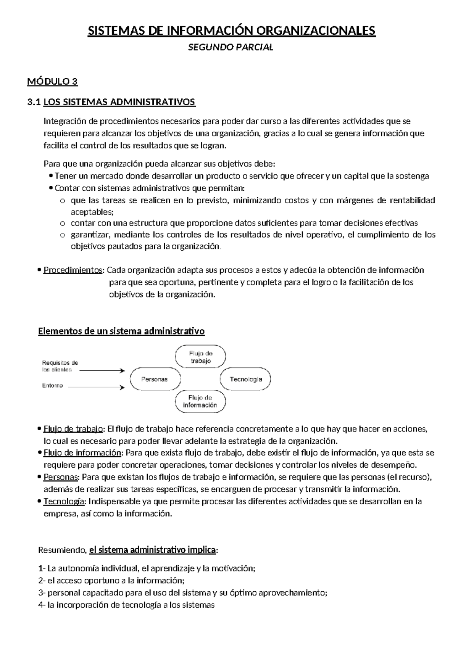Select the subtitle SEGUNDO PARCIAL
click(231, 48)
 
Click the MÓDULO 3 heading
click(52, 82)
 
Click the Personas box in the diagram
click(154, 379)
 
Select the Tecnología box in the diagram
click(245, 379)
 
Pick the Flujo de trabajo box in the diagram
click(200, 357)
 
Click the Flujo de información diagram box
click(200, 402)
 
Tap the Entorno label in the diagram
click(52, 386)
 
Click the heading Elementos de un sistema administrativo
click(121, 331)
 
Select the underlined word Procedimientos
click(73, 270)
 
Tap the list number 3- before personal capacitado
click(42, 593)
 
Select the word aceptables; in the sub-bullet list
click(92, 212)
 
